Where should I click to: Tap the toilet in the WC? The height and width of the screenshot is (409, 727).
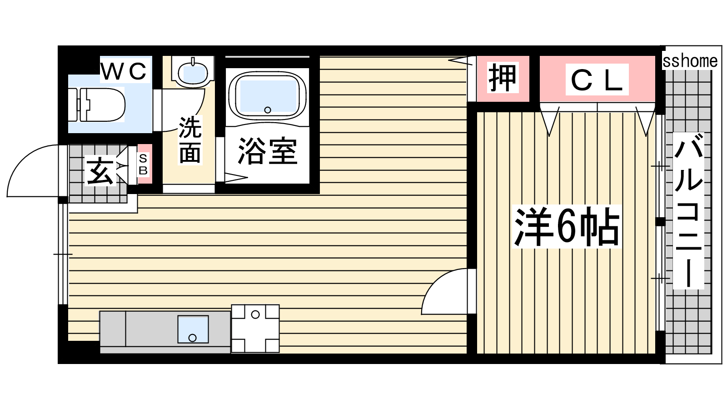coord(97,105)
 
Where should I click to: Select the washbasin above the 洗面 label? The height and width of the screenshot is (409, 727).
coord(193,72)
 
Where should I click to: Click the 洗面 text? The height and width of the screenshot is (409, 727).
coord(190,140)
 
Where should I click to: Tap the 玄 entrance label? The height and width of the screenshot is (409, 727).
coord(100,171)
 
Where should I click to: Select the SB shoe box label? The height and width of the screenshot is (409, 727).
coord(143,164)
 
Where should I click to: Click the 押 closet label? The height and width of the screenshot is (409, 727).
coord(503,78)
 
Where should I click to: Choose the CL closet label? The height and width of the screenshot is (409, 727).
coord(597,80)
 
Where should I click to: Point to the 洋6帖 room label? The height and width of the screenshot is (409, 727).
coord(566,227)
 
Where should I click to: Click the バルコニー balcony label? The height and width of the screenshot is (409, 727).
coord(688,211)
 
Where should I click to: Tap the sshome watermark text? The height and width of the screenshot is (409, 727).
coord(690,61)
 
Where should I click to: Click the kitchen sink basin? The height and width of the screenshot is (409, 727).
coord(193,329)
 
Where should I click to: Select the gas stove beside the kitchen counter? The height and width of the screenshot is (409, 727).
coord(255,329)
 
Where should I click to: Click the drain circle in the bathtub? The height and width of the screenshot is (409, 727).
coord(268,110)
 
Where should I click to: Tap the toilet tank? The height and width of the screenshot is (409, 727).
coord(73,105)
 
